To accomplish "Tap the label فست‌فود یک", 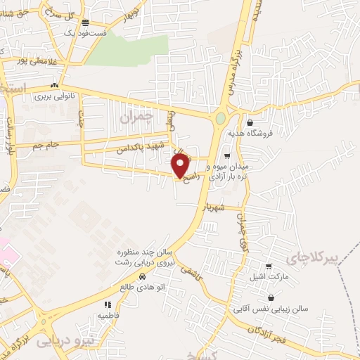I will (85, 33).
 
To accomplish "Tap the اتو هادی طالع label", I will (143, 287).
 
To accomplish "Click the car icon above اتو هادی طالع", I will (143, 276).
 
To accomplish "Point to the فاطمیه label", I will (107, 316).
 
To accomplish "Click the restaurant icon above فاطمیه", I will (108, 304).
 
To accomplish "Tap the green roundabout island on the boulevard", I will (220, 118).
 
